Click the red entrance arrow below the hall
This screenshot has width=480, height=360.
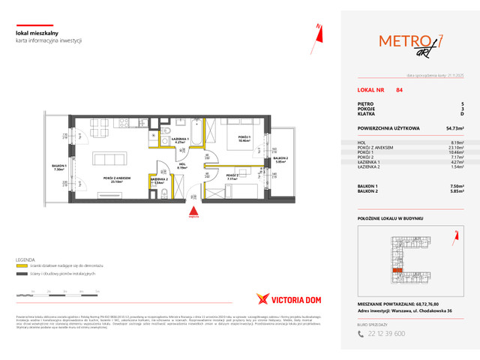(x=194, y=212)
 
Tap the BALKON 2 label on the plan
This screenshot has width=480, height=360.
(x=280, y=158)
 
